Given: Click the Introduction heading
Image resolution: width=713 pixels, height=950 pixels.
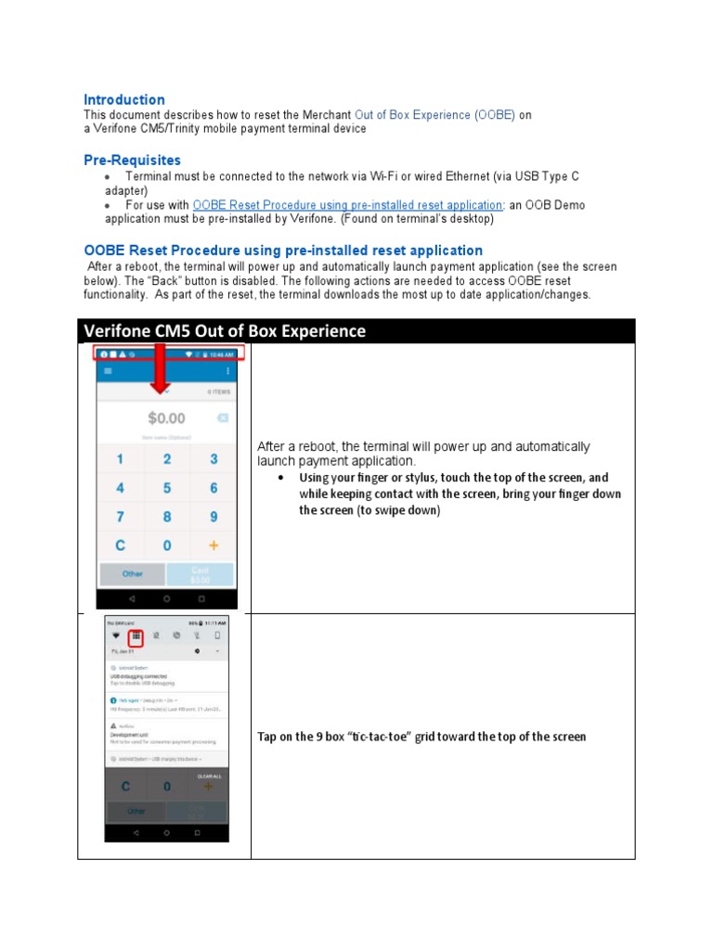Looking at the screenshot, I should tap(124, 99).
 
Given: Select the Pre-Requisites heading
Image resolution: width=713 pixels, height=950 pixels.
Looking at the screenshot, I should tap(132, 160).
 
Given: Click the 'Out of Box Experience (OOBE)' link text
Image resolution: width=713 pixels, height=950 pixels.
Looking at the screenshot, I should tap(434, 115).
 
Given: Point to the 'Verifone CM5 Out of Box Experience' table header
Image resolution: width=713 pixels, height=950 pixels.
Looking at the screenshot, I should tap(225, 331).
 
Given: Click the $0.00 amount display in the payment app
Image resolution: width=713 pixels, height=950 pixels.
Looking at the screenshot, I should tap(167, 418).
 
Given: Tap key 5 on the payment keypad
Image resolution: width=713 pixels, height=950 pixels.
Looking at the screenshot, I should tap(167, 488).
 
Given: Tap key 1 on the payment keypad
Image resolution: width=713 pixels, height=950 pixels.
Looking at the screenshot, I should tap(120, 459).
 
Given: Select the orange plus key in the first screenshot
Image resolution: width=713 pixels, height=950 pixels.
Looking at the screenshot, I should tap(214, 546).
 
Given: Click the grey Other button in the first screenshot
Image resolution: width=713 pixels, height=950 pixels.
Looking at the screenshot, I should tap(133, 573).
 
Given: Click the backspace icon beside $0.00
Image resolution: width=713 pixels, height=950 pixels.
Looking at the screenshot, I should tap(223, 418).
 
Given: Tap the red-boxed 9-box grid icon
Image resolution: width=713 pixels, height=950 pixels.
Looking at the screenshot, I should tap(136, 636).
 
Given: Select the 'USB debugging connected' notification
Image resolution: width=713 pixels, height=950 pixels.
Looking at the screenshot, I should tap(139, 676).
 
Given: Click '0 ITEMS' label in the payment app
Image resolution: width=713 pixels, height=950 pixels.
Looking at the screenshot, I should tap(218, 392).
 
